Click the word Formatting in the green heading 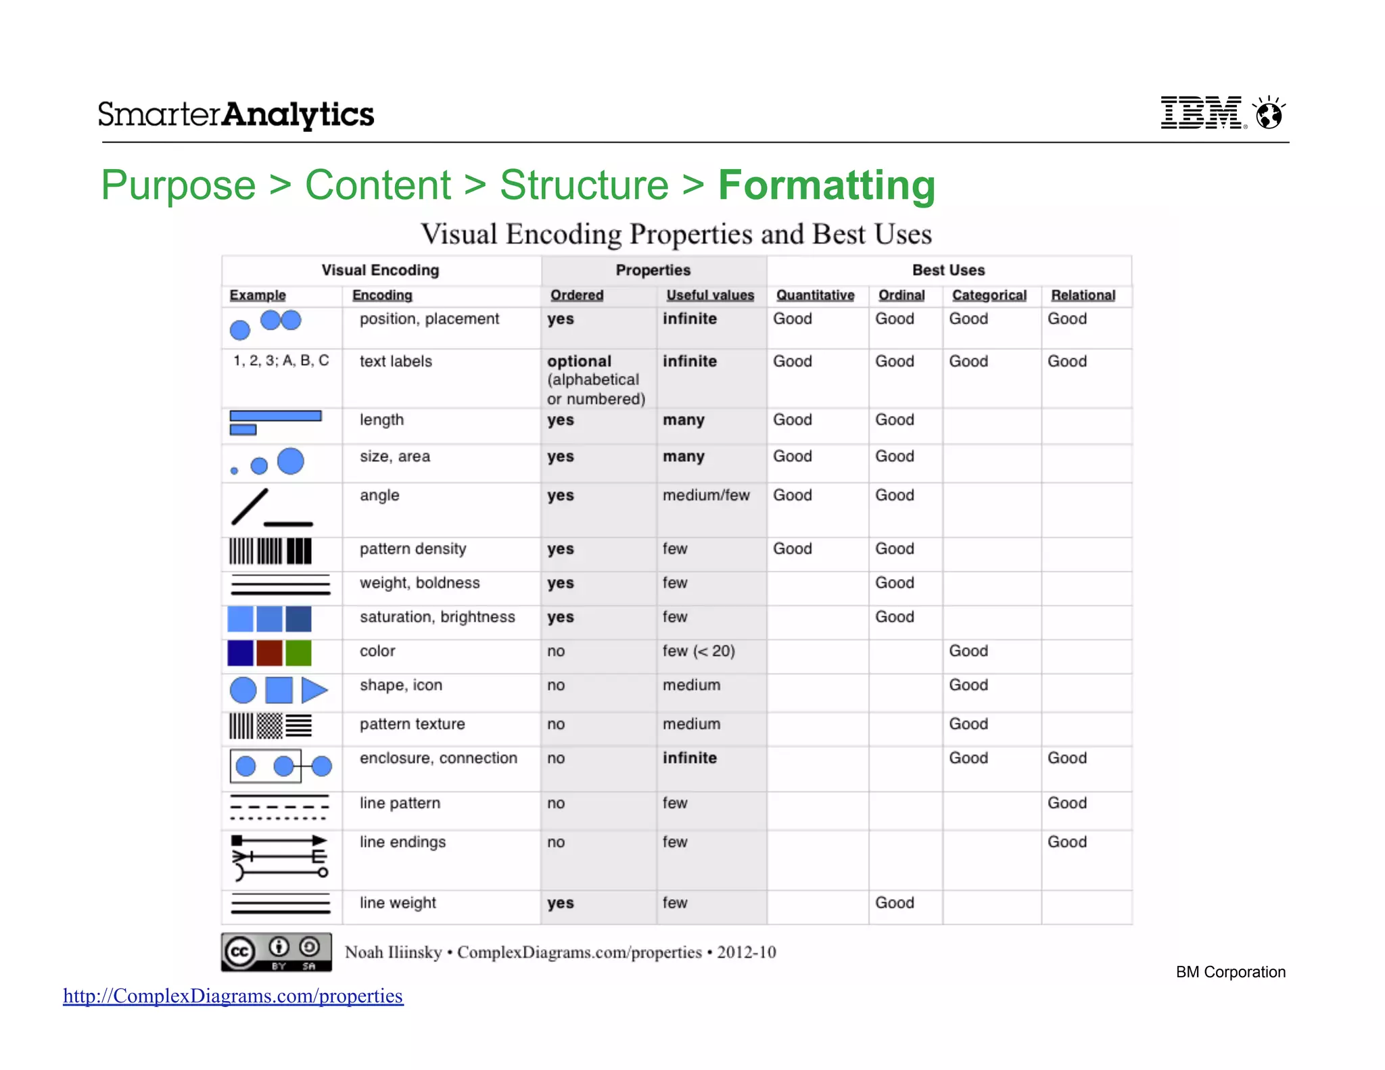pyautogui.click(x=826, y=185)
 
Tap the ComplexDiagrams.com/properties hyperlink pyautogui.click(x=233, y=996)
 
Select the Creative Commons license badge pyautogui.click(x=277, y=952)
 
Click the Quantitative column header pyautogui.click(x=815, y=296)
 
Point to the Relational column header pyautogui.click(x=1083, y=296)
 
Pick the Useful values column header pyautogui.click(x=709, y=296)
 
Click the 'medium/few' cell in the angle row pyautogui.click(x=706, y=495)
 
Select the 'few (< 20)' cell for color pyautogui.click(x=699, y=651)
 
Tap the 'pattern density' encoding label pyautogui.click(x=413, y=549)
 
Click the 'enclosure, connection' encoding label pyautogui.click(x=438, y=758)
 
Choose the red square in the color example pyautogui.click(x=269, y=653)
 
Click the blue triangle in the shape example pyautogui.click(x=314, y=690)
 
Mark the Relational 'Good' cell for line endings pyautogui.click(x=1067, y=842)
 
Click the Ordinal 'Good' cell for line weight pyautogui.click(x=894, y=903)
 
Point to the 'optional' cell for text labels pyautogui.click(x=579, y=361)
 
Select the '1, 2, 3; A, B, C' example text pyautogui.click(x=281, y=360)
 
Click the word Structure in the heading pyautogui.click(x=584, y=185)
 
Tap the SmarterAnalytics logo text pyautogui.click(x=236, y=114)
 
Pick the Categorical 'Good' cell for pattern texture pyautogui.click(x=968, y=724)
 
